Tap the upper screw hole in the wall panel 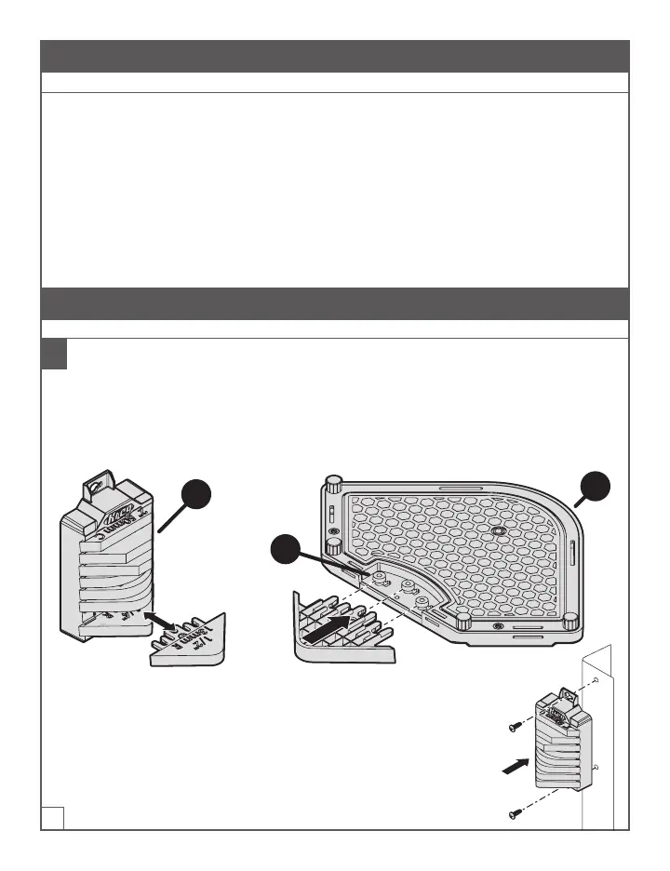(x=594, y=682)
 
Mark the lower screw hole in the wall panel (x=593, y=767)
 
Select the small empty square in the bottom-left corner (x=52, y=816)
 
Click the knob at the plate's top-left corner (x=333, y=484)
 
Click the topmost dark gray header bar (x=335, y=56)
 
